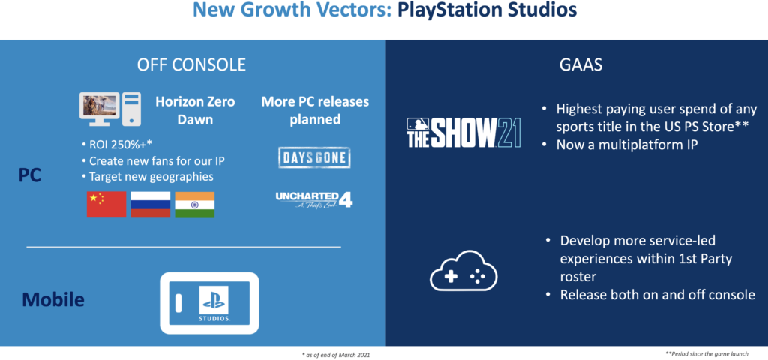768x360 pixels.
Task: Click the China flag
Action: point(106,205)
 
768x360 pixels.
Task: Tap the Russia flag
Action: point(150,205)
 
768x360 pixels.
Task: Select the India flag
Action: point(194,205)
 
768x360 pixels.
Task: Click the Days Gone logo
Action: point(314,157)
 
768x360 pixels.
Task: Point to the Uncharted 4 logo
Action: point(314,199)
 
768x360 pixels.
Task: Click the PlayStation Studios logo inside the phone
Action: point(214,303)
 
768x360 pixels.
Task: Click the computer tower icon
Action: point(132,108)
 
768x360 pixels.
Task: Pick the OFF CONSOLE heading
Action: point(191,64)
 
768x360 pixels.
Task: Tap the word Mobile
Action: point(53,299)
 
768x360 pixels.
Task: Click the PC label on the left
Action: point(30,175)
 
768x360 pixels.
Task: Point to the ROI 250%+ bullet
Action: point(118,145)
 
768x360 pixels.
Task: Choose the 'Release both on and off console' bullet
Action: point(650,295)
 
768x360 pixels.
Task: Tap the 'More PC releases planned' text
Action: point(315,111)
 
